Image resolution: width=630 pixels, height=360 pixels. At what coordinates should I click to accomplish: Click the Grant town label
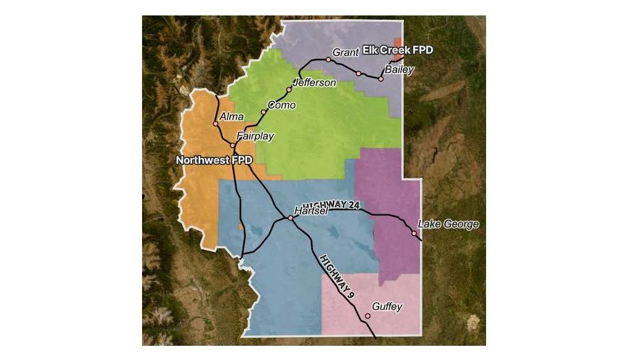345,52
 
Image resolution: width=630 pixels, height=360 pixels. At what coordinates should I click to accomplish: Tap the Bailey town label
398,70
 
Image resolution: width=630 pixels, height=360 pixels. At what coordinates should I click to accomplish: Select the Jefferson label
314,82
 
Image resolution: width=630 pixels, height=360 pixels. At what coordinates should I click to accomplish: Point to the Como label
282,105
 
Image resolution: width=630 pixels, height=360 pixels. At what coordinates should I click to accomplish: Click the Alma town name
232,117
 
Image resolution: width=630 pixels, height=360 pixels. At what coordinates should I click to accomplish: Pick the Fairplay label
255,136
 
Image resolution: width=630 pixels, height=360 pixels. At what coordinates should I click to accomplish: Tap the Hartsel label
310,211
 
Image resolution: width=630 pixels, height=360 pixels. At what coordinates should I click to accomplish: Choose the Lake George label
448,224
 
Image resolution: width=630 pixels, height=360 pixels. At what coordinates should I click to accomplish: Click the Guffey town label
387,307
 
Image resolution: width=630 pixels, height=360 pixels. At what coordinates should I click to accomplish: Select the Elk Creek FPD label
398,49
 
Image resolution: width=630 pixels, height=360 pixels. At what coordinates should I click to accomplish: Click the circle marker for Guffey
367,316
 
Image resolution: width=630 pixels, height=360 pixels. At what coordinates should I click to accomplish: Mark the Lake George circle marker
414,233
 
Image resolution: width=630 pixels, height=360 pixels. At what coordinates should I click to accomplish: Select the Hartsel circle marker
290,217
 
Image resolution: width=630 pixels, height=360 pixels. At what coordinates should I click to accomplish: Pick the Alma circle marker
216,123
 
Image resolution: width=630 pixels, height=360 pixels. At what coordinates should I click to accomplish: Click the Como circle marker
264,112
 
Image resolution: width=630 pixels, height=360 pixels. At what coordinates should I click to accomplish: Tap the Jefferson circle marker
289,90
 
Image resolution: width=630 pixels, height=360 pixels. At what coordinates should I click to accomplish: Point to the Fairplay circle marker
233,146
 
